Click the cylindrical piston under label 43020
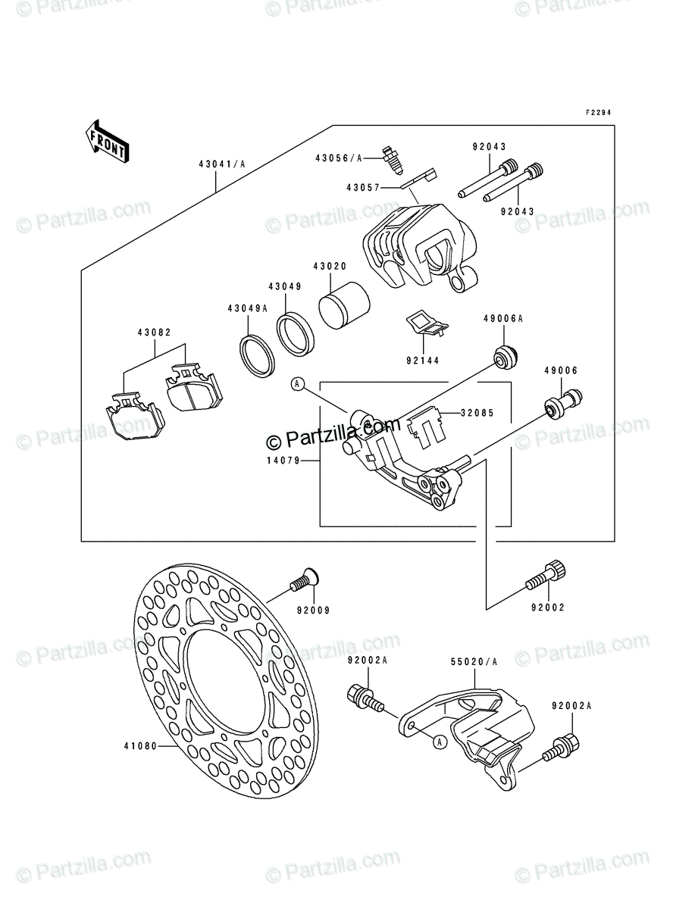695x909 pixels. tap(343, 308)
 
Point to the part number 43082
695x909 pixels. tap(155, 333)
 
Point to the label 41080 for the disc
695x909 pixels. tap(139, 745)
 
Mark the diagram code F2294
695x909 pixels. tap(597, 113)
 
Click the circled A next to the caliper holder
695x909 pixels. tap(299, 385)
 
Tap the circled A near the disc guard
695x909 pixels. tap(440, 743)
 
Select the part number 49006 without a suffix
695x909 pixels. tap(561, 370)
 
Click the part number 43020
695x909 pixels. tap(330, 266)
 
